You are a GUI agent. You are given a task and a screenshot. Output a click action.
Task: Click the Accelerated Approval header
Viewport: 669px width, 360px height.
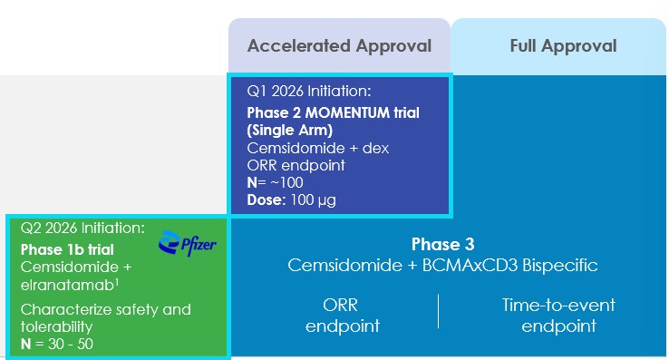pyautogui.click(x=338, y=45)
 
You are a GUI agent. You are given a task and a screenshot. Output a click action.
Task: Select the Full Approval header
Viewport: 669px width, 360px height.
pyautogui.click(x=562, y=45)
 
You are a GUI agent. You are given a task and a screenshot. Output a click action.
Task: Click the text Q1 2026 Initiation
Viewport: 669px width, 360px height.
pyautogui.click(x=308, y=92)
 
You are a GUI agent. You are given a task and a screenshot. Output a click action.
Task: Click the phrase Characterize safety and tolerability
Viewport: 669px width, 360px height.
pyautogui.click(x=105, y=317)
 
